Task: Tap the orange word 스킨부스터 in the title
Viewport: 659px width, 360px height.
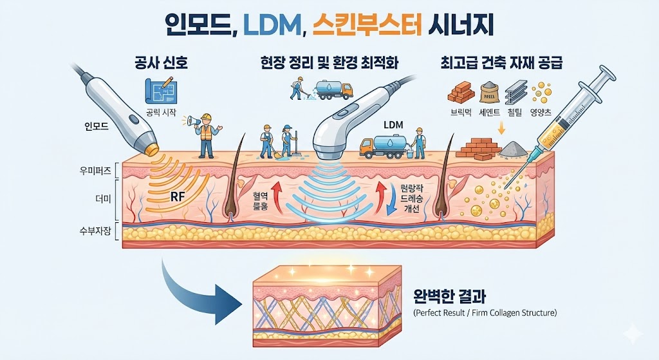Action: [x=367, y=27]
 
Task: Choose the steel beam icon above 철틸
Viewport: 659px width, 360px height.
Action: [x=517, y=93]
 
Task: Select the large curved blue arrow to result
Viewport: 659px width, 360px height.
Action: [x=196, y=289]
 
